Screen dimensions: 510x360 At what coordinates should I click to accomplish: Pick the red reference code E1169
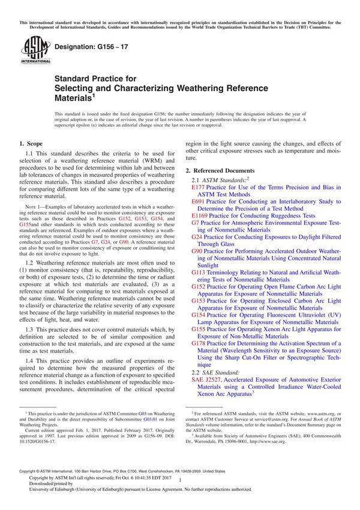tap(200, 216)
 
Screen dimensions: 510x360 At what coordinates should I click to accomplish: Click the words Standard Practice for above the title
tap(95, 79)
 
